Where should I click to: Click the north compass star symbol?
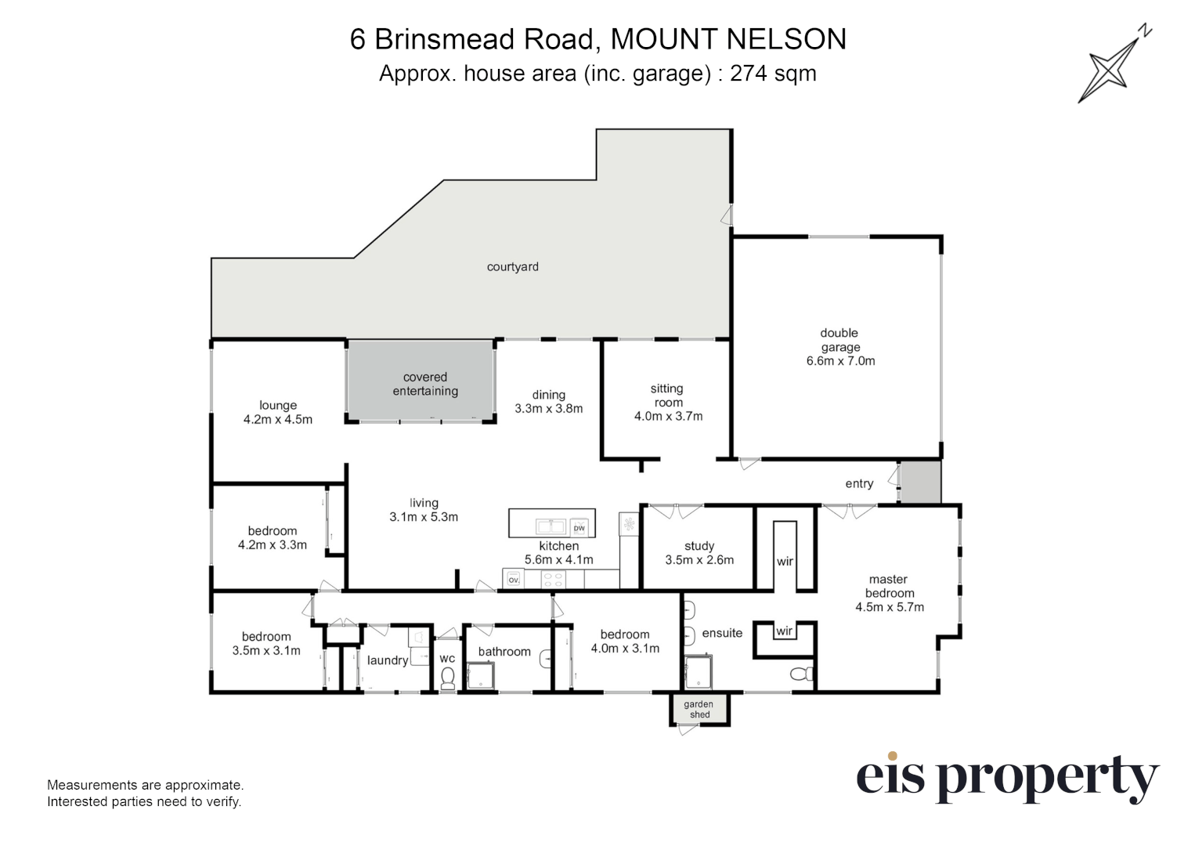click(1109, 71)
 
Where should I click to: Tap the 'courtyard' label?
click(513, 267)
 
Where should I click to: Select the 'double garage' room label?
click(839, 340)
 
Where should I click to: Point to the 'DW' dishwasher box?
click(579, 527)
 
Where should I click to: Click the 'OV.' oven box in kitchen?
click(514, 579)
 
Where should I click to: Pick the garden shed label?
click(699, 710)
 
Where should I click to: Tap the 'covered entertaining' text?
click(425, 384)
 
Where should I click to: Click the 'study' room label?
click(699, 546)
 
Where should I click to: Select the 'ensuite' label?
click(722, 633)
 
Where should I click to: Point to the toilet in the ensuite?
click(802, 674)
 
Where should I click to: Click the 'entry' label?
click(859, 483)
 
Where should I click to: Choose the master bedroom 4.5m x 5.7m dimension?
click(890, 607)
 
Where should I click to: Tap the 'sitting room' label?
click(667, 396)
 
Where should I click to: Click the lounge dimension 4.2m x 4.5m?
click(278, 420)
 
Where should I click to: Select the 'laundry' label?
click(388, 661)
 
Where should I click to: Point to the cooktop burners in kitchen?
click(553, 579)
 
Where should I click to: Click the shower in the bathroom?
click(480, 676)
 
